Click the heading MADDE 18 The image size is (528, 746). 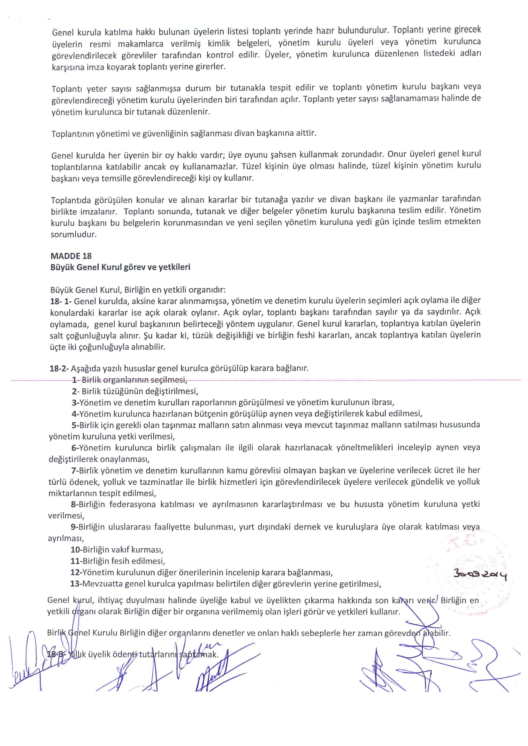[x=71, y=256]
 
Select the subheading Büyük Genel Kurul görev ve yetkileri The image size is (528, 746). [x=120, y=267]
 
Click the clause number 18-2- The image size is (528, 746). [x=59, y=368]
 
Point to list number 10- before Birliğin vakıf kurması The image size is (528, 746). [x=76, y=550]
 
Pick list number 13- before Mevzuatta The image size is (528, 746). [x=76, y=584]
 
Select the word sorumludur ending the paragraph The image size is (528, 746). [x=73, y=234]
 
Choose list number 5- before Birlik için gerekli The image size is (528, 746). [x=75, y=425]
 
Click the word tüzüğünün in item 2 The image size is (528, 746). [x=125, y=391]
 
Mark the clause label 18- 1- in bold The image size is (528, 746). [x=61, y=301]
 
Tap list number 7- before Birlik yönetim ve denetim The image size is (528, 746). [x=75, y=470]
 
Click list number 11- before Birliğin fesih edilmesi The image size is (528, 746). [x=76, y=561]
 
